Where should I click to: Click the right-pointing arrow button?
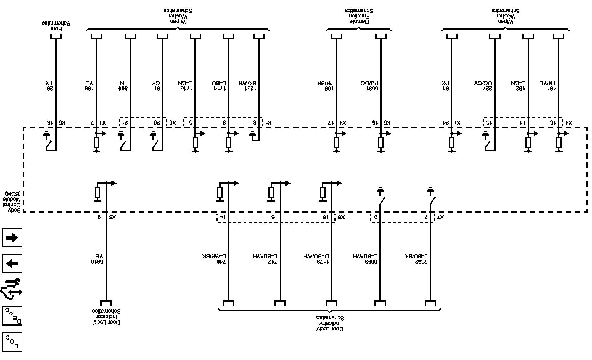point(12,237)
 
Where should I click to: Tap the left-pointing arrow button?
point(12,263)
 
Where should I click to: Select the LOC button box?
point(12,342)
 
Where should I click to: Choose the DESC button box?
point(12,316)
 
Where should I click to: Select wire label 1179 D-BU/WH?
point(316,259)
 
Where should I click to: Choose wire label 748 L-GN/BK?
point(215,259)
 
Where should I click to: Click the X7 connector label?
point(440,218)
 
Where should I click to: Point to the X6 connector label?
point(341,218)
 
